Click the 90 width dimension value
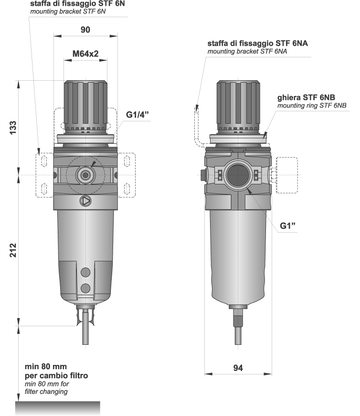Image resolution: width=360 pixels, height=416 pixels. pyautogui.click(x=85, y=30)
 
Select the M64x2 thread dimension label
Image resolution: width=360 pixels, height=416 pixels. pyautogui.click(x=85, y=54)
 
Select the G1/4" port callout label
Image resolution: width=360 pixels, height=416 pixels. pyautogui.click(x=138, y=115)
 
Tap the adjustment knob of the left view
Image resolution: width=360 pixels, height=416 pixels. pyautogui.click(x=85, y=103)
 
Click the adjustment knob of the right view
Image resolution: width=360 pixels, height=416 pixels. pyautogui.click(x=238, y=103)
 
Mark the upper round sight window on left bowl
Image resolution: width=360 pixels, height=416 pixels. pyautogui.click(x=86, y=272)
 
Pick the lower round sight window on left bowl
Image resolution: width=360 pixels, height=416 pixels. pyautogui.click(x=86, y=288)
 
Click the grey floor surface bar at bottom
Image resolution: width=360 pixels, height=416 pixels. pyautogui.click(x=58, y=408)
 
